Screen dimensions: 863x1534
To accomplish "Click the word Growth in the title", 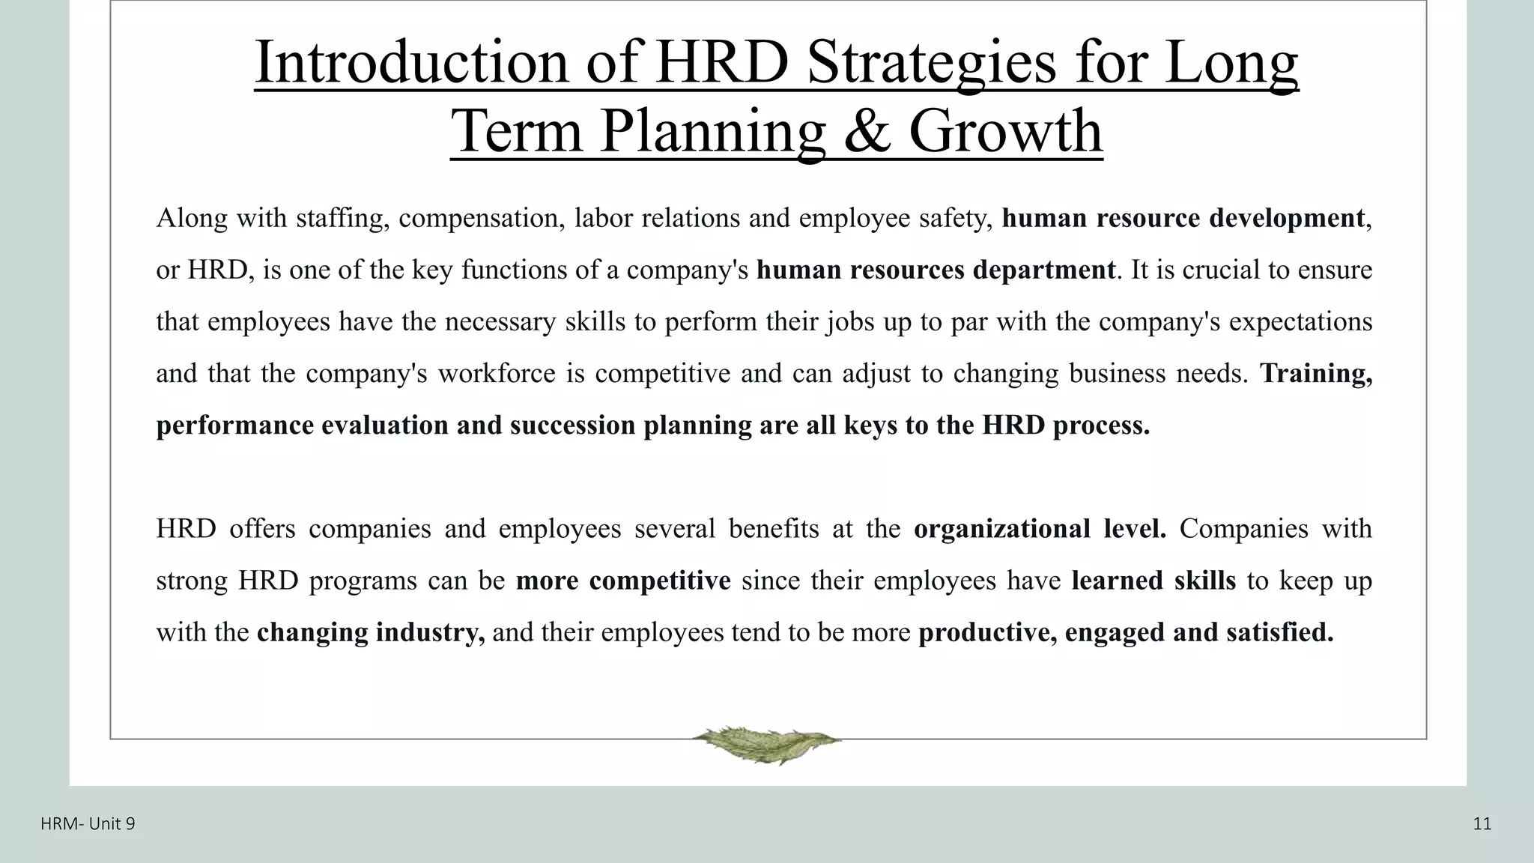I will pyautogui.click(x=1005, y=130).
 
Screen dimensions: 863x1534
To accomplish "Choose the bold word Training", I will pyautogui.click(x=1316, y=373).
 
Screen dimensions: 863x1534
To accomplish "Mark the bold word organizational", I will pyautogui.click(x=1002, y=529).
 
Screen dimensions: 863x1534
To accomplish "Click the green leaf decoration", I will pyautogui.click(x=766, y=743).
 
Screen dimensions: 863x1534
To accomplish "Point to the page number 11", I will pyautogui.click(x=1482, y=825).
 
